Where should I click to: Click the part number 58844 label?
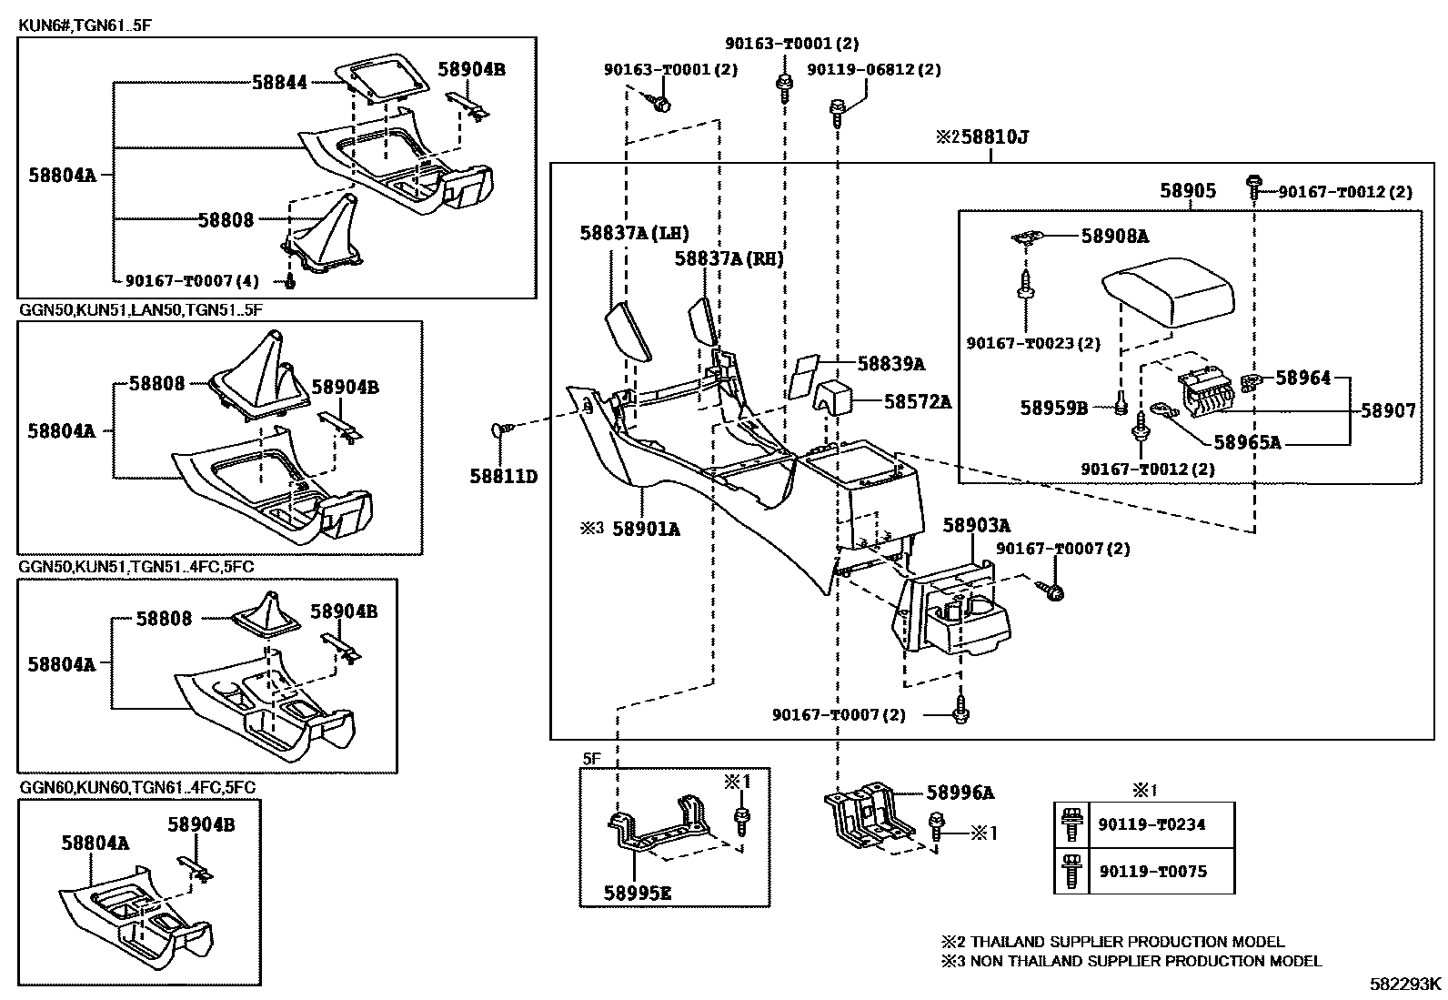click(x=279, y=83)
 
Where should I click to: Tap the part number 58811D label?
click(x=503, y=475)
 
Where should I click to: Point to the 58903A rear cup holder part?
click(x=955, y=610)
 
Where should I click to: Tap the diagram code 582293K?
click(x=1406, y=984)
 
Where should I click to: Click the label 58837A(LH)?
click(x=634, y=233)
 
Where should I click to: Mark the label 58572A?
click(x=917, y=401)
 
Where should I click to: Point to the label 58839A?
click(x=890, y=364)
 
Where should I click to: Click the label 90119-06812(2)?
click(x=873, y=69)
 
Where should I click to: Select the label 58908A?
click(x=1114, y=237)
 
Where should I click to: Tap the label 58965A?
click(x=1247, y=443)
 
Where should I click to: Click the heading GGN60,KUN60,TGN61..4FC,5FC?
click(x=136, y=787)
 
